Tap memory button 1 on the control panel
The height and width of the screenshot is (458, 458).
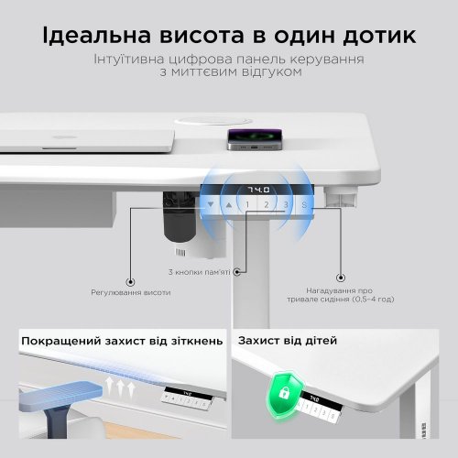click(x=248, y=204)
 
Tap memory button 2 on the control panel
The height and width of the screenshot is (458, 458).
click(x=267, y=204)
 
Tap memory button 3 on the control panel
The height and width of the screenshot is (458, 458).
click(x=286, y=204)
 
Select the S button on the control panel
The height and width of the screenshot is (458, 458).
click(x=305, y=204)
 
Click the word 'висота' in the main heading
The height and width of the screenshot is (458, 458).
click(x=211, y=37)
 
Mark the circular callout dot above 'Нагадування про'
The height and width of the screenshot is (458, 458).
click(x=340, y=274)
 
